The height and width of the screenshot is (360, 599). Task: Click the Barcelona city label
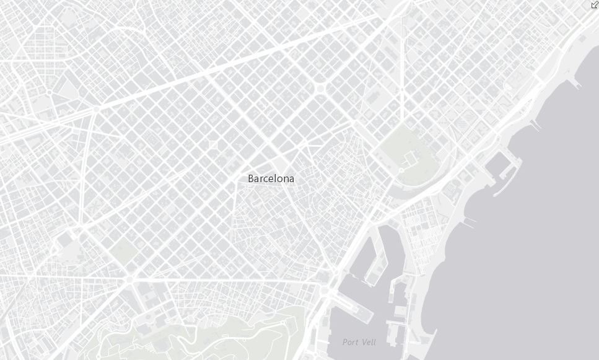(271, 178)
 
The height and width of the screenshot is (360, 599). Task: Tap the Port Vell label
(359, 342)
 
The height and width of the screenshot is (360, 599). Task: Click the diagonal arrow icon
(594, 4)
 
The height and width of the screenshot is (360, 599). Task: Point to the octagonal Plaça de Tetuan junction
(320, 89)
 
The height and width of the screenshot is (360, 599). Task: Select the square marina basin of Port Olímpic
(497, 165)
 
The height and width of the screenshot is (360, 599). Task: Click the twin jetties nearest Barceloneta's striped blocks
(469, 220)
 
